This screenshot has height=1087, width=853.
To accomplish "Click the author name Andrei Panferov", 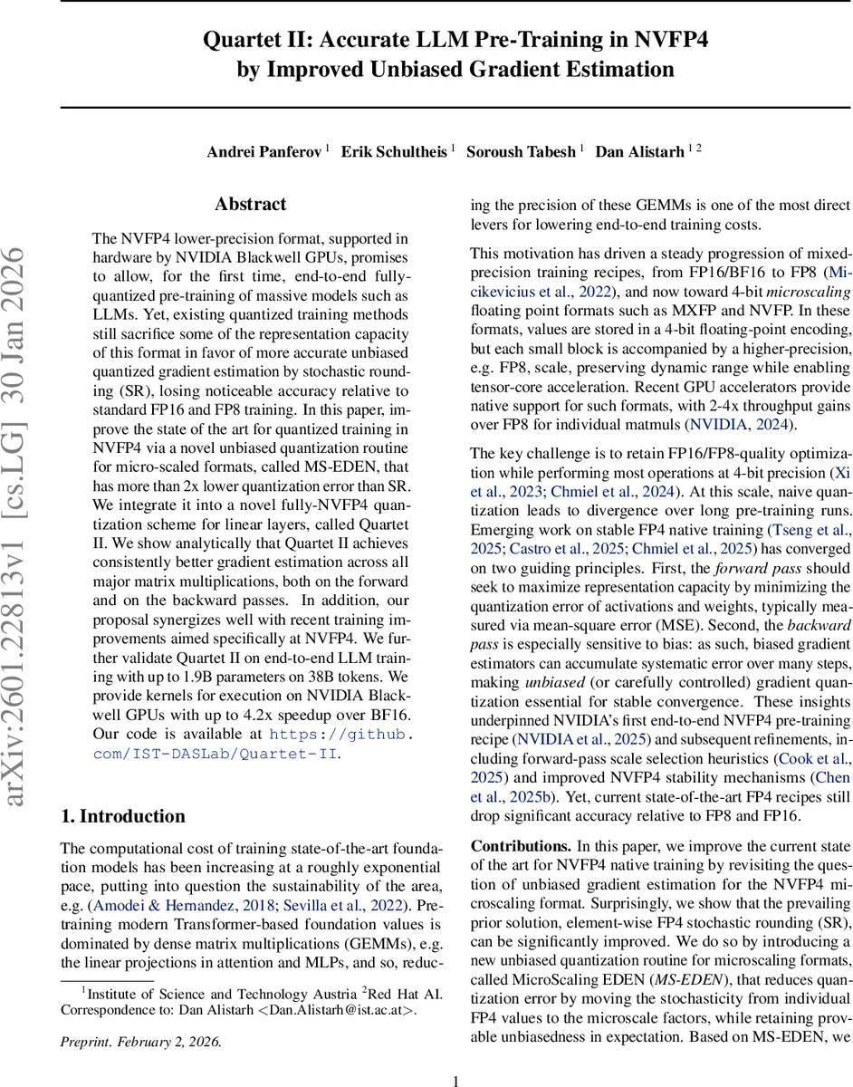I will point(264,151).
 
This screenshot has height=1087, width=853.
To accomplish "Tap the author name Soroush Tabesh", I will point(521,151).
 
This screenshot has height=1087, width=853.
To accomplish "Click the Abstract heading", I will point(250,205).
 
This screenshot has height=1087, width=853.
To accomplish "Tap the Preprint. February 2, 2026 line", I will point(140,1041).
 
